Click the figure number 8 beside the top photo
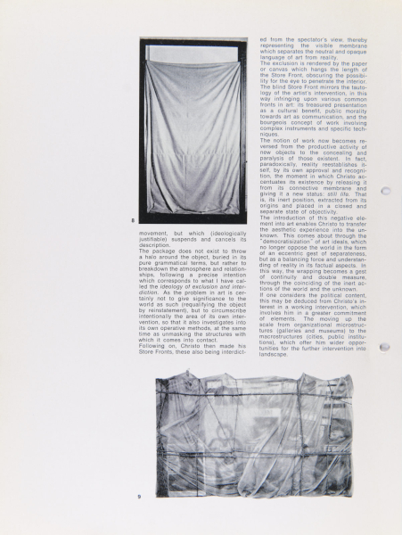(133, 218)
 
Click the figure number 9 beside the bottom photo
(139, 496)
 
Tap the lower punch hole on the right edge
(386, 348)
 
